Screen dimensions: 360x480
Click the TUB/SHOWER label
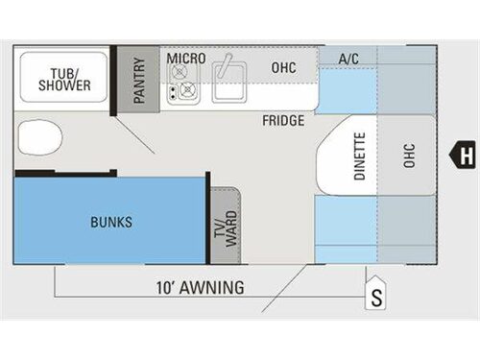[x=64, y=78]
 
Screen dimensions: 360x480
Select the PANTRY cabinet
[x=138, y=80]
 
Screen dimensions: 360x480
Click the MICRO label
[x=186, y=60]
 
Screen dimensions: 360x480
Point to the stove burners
[x=182, y=91]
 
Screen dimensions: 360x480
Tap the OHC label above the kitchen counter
[x=282, y=68]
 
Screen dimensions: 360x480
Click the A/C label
[x=348, y=60]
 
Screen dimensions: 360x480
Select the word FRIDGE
[x=284, y=121]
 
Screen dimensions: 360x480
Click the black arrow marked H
[x=465, y=153]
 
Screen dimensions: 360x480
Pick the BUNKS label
[x=111, y=222]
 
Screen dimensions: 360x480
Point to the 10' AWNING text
[x=201, y=286]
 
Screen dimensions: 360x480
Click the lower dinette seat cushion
[x=347, y=227]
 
